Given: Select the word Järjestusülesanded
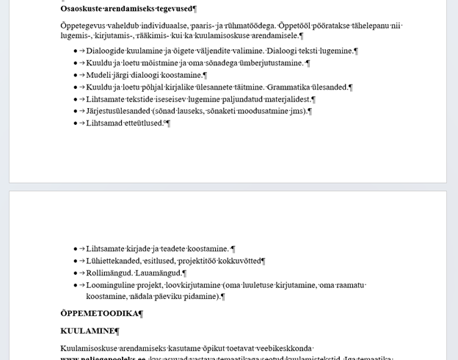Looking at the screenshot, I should [x=119, y=111].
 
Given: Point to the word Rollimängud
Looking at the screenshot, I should [x=109, y=273].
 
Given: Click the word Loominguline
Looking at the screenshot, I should [x=112, y=285].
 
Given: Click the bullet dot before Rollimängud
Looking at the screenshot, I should [x=76, y=273].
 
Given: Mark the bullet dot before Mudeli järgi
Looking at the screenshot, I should [x=76, y=75].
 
